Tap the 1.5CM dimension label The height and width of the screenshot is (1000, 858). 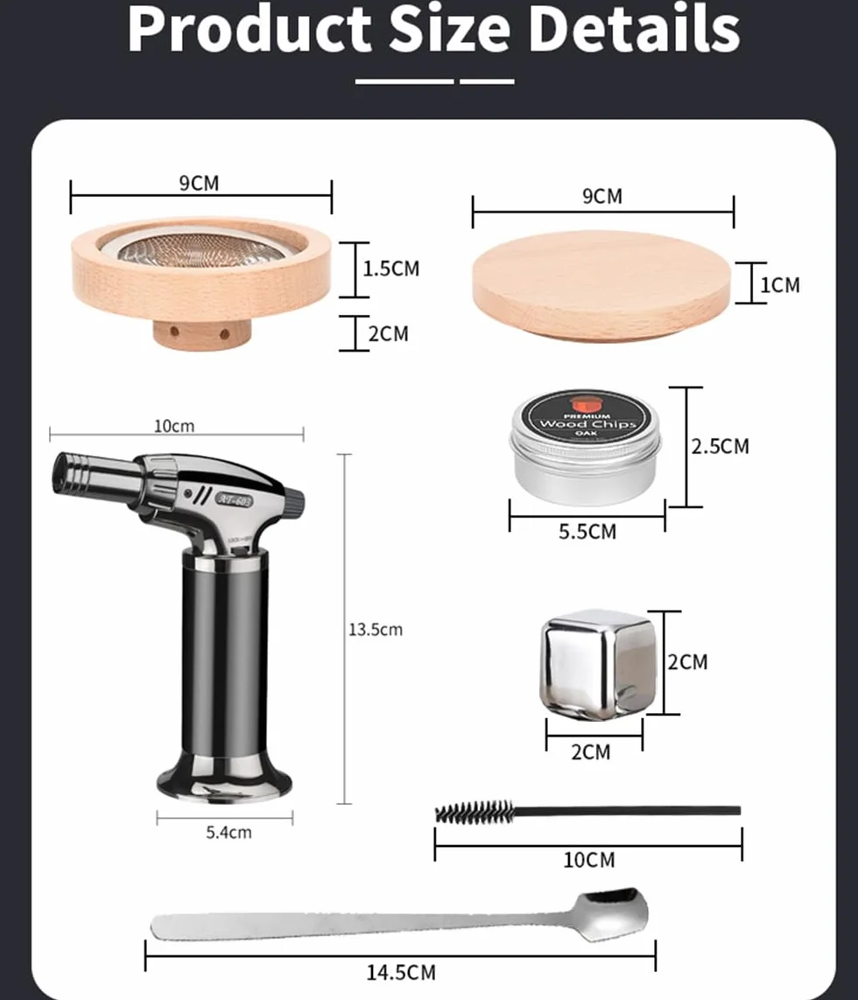(x=390, y=269)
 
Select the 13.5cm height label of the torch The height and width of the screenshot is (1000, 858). (x=376, y=630)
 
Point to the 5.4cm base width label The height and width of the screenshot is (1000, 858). (x=229, y=832)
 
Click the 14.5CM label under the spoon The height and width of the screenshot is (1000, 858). (x=401, y=973)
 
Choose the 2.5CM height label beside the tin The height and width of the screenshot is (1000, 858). (x=720, y=446)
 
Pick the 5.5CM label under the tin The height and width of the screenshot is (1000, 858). (x=587, y=532)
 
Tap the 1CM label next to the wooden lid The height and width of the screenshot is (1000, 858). (x=779, y=285)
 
